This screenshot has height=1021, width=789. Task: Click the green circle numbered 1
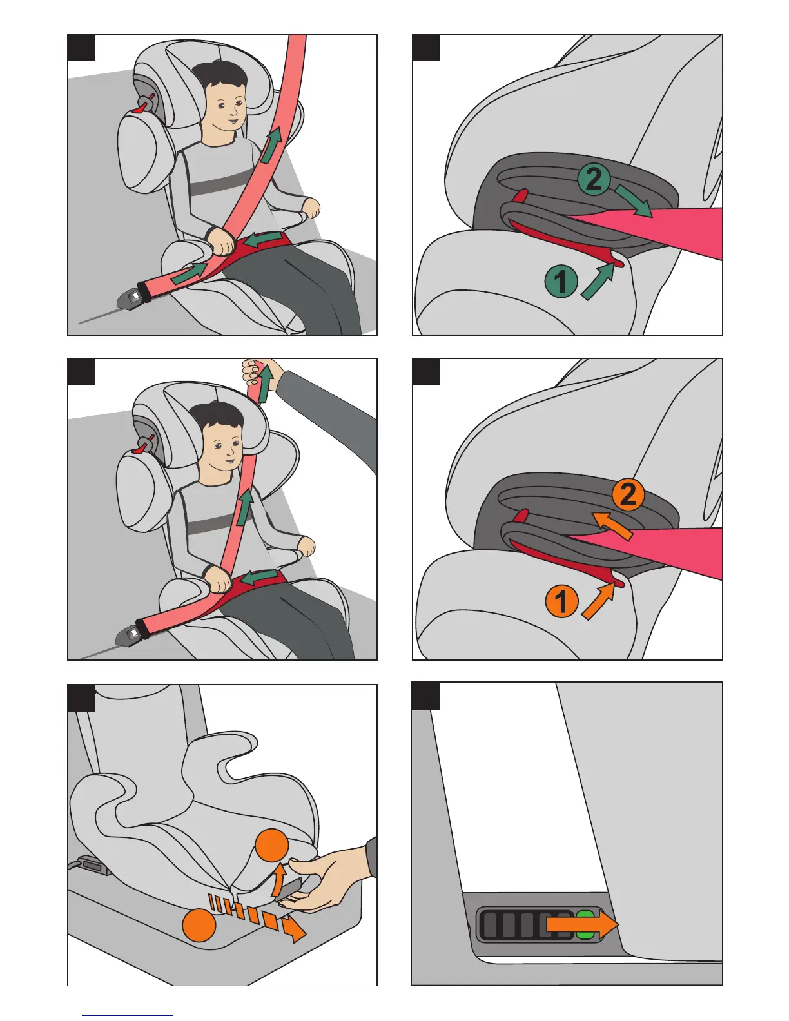pyautogui.click(x=561, y=281)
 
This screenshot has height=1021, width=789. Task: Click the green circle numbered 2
pyautogui.click(x=594, y=179)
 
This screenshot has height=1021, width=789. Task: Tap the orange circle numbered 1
pyautogui.click(x=561, y=601)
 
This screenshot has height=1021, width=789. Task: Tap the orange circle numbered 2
pyautogui.click(x=628, y=494)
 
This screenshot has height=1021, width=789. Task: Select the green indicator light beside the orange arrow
pyautogui.click(x=585, y=925)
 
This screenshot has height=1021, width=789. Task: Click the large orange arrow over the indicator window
pyautogui.click(x=583, y=925)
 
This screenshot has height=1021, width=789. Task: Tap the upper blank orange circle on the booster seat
pyautogui.click(x=271, y=845)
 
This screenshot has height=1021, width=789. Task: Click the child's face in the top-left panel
pyautogui.click(x=227, y=109)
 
